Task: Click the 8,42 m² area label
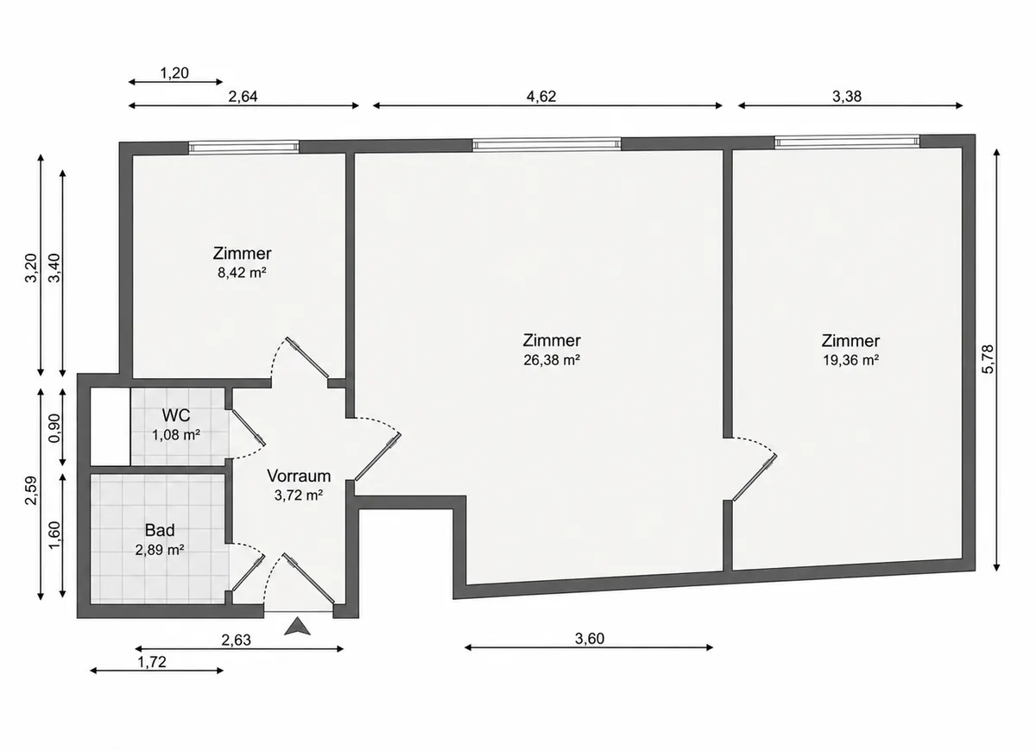pyautogui.click(x=242, y=273)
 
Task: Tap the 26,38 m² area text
pyautogui.click(x=552, y=360)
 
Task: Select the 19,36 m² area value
pyautogui.click(x=850, y=360)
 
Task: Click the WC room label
pyautogui.click(x=176, y=415)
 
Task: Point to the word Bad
pyautogui.click(x=160, y=530)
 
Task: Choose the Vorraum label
pyautogui.click(x=299, y=476)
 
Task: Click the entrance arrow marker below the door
pyautogui.click(x=297, y=626)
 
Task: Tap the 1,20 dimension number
pyautogui.click(x=174, y=73)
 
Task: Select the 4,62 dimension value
pyautogui.click(x=541, y=96)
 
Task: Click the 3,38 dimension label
pyautogui.click(x=847, y=96)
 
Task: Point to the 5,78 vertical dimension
pyautogui.click(x=987, y=359)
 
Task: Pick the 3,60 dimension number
pyautogui.click(x=590, y=638)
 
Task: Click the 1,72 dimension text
pyautogui.click(x=152, y=662)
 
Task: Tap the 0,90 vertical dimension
pyautogui.click(x=54, y=428)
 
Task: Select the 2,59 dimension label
pyautogui.click(x=31, y=490)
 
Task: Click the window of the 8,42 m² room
pyautogui.click(x=243, y=147)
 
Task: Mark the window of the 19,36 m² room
pyautogui.click(x=847, y=141)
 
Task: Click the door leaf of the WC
pyautogui.click(x=248, y=428)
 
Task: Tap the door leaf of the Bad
pyautogui.click(x=248, y=573)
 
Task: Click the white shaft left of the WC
pyautogui.click(x=111, y=426)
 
